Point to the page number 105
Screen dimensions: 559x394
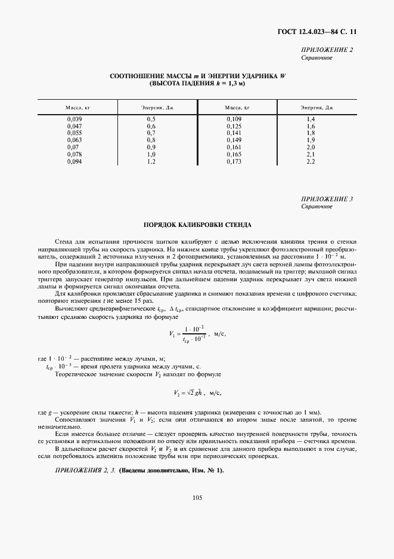[x=197, y=497]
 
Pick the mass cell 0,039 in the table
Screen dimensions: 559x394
[x=74, y=120]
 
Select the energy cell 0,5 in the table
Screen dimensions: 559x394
[x=151, y=120]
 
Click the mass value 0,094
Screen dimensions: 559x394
[x=74, y=161]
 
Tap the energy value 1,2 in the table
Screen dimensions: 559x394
[x=151, y=161]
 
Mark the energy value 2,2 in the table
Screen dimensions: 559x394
[x=311, y=161]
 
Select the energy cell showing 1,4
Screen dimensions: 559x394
[x=311, y=120]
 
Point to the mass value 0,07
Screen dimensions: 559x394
[x=72, y=148]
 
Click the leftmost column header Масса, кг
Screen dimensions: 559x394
[x=77, y=108]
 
